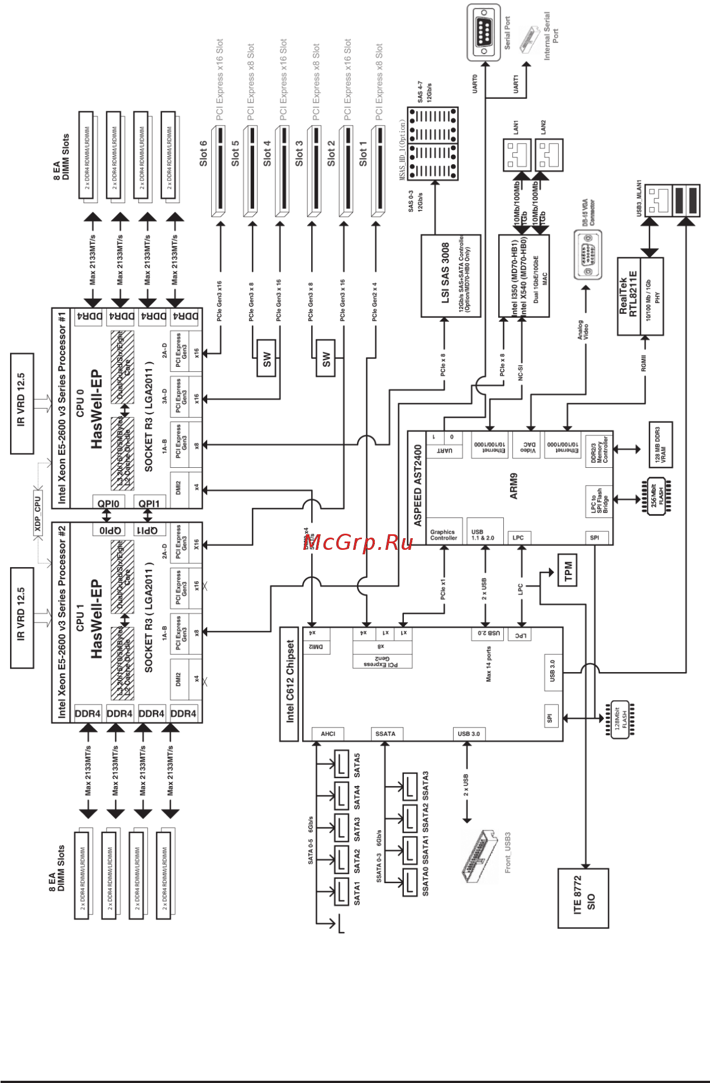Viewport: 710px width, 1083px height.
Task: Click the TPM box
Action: [x=568, y=571]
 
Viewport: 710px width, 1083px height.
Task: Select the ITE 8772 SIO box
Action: [x=583, y=898]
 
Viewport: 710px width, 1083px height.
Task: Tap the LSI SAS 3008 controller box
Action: [x=450, y=276]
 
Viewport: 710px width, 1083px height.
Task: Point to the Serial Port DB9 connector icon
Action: [x=483, y=32]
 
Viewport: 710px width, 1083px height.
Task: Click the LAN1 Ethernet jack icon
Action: [x=517, y=155]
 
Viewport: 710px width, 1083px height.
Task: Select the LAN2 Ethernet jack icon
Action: [x=549, y=155]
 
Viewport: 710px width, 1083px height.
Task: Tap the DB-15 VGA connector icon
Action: [x=588, y=255]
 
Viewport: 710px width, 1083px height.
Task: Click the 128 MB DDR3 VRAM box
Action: [x=660, y=444]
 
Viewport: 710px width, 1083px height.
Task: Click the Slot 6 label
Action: [x=203, y=153]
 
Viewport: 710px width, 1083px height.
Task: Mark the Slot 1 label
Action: [x=363, y=153]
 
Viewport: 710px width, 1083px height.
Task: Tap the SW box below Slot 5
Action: [x=266, y=358]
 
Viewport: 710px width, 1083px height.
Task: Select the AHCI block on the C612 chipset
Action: [x=328, y=734]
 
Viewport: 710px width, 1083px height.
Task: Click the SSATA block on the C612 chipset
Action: [x=385, y=734]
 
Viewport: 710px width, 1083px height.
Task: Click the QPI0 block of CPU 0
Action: [x=108, y=503]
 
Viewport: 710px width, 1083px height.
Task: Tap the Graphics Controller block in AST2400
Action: [x=444, y=534]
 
